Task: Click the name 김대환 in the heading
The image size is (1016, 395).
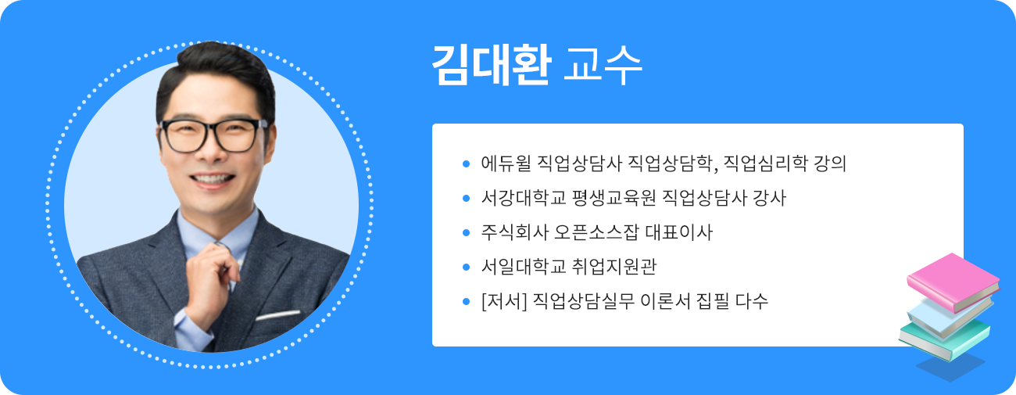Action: [492, 65]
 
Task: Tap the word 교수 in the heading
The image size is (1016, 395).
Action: [603, 66]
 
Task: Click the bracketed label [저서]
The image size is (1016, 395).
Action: [503, 301]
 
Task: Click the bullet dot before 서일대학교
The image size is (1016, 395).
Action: [467, 267]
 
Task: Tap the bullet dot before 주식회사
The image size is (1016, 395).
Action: [467, 232]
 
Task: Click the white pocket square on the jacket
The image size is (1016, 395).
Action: [278, 315]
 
